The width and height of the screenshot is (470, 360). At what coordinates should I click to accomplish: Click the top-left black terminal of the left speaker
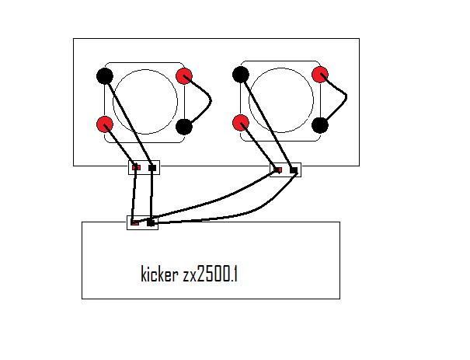104,76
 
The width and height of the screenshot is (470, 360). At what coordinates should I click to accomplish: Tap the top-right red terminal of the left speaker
184,76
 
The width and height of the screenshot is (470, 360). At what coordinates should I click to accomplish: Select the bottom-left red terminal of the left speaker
104,124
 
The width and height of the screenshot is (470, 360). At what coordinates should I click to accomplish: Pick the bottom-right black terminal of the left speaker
184,126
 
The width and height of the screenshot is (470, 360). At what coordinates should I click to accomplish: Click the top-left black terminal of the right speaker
240,75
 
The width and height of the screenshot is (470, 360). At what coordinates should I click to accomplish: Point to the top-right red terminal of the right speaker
319,75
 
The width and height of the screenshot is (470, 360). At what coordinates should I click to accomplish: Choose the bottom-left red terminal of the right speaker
240,123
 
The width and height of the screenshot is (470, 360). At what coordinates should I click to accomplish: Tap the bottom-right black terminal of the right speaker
319,124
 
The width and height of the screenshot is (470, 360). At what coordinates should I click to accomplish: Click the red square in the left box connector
137,167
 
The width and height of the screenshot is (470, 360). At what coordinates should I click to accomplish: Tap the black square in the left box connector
151,167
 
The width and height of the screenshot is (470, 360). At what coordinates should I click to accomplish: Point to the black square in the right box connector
293,170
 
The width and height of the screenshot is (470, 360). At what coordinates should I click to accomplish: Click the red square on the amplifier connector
135,223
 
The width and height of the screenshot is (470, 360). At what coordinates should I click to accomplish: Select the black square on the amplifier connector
151,223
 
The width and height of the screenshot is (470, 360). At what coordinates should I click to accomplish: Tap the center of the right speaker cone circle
280,100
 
